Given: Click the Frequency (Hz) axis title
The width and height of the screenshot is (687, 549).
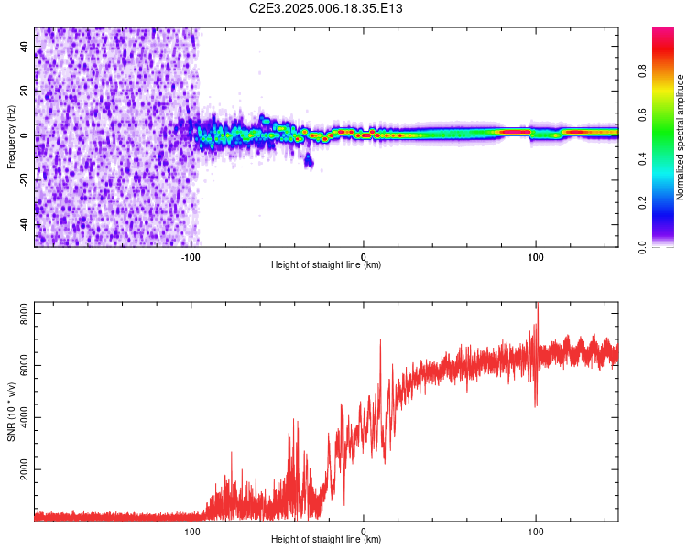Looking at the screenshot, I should tap(11, 137).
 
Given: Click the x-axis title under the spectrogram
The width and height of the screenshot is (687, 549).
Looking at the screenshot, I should tap(325, 265).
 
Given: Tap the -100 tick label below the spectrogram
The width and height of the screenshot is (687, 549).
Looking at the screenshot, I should tap(191, 256).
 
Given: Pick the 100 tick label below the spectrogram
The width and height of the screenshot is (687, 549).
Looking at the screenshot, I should tap(536, 256).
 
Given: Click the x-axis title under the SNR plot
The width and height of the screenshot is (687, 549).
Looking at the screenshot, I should tap(325, 540).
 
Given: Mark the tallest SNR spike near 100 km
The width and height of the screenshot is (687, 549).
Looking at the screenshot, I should tap(537, 307).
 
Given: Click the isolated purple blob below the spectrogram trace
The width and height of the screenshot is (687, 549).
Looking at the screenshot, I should tap(309, 162).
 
